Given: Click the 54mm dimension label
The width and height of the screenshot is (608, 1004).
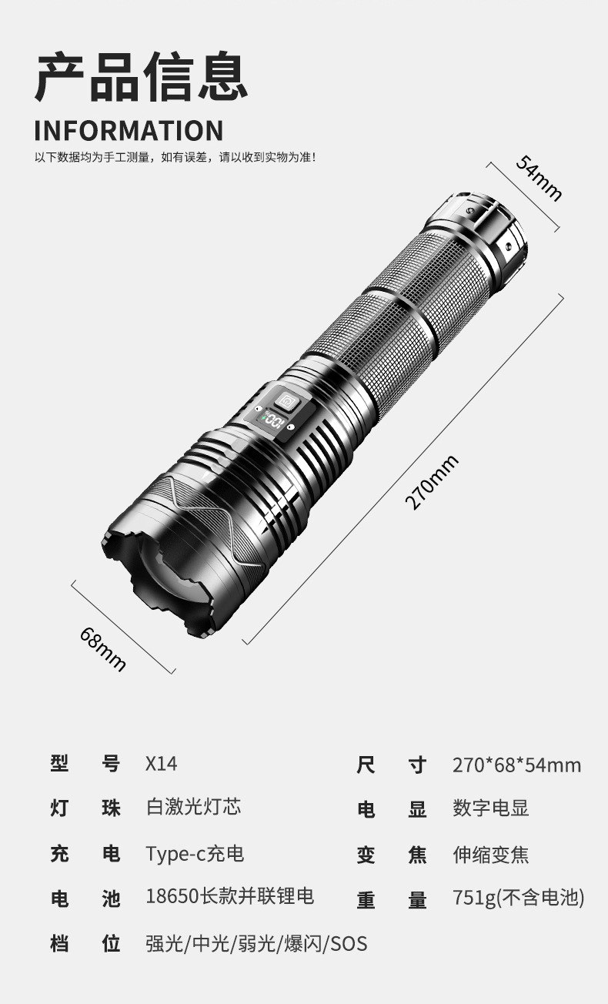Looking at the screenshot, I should coord(539,178).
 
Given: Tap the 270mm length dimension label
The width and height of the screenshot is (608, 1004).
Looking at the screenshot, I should coord(431,482).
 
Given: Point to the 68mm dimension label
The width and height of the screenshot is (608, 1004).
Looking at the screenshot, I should coord(102,649).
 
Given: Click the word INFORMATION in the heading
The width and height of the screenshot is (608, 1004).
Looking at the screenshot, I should coord(129,130).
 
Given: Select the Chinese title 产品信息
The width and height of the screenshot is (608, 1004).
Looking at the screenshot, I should coord(141,77).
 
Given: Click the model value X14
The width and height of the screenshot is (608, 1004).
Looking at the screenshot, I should coord(161,763).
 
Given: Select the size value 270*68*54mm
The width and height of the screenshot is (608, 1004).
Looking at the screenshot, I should coord(516,765).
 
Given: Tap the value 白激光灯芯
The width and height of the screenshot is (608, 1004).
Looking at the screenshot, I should coord(193,807).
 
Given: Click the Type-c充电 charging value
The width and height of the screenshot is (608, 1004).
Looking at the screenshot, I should coord(195,853).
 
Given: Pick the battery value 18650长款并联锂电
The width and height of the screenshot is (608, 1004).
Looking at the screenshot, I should coord(229,896).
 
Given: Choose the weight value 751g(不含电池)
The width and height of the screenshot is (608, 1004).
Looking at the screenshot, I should coord(518,898).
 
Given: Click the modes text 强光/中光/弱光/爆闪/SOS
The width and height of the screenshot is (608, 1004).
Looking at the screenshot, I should coord(256,943).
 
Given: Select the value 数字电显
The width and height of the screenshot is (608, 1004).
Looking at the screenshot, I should coord(490,808).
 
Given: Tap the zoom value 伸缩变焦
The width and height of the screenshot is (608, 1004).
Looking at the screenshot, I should coord(490,855).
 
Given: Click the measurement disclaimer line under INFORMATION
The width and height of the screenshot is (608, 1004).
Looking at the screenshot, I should coord(175,158).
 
